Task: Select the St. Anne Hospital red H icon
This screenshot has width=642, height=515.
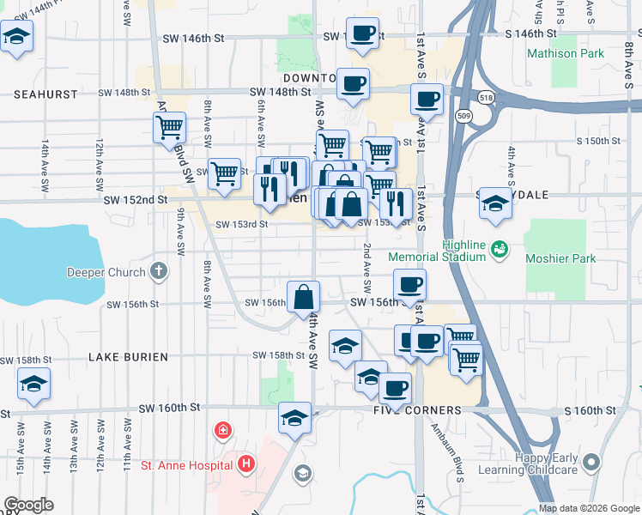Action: coord(246,466)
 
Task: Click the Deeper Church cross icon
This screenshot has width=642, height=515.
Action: coord(158,272)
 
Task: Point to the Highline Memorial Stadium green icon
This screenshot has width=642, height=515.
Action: coord(500,250)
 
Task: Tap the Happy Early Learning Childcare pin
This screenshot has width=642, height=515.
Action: coord(590,464)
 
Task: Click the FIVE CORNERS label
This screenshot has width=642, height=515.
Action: coord(417,410)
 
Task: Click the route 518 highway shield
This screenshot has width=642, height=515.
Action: coord(486,98)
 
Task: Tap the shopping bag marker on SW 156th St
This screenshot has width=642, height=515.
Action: coord(304,298)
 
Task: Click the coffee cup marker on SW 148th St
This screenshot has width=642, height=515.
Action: coord(353,84)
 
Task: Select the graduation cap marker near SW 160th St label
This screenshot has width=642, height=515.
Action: coord(294,419)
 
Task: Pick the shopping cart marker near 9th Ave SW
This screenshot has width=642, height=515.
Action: coord(170,128)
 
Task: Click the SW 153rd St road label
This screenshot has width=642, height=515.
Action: coord(242,225)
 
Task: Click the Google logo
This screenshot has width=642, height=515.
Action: coord(28,505)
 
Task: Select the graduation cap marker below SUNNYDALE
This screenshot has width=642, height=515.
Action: coord(494,204)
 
